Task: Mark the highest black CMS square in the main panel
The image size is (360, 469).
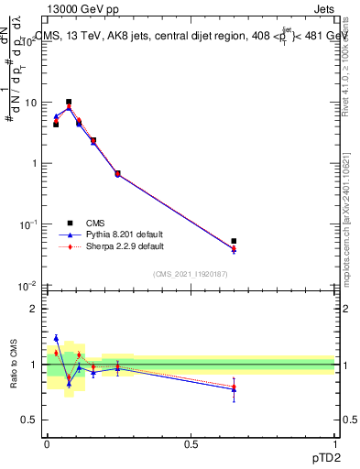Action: click(x=69, y=102)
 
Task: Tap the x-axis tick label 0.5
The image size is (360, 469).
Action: click(x=191, y=442)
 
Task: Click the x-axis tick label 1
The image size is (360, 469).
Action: click(x=334, y=442)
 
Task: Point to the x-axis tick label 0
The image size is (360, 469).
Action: click(x=47, y=442)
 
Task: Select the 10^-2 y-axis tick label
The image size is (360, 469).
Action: click(x=26, y=285)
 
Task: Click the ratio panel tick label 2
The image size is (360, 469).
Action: click(x=34, y=309)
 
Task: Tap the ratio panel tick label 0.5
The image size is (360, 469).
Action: click(x=30, y=420)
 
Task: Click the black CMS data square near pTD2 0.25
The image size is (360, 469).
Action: click(x=117, y=173)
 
